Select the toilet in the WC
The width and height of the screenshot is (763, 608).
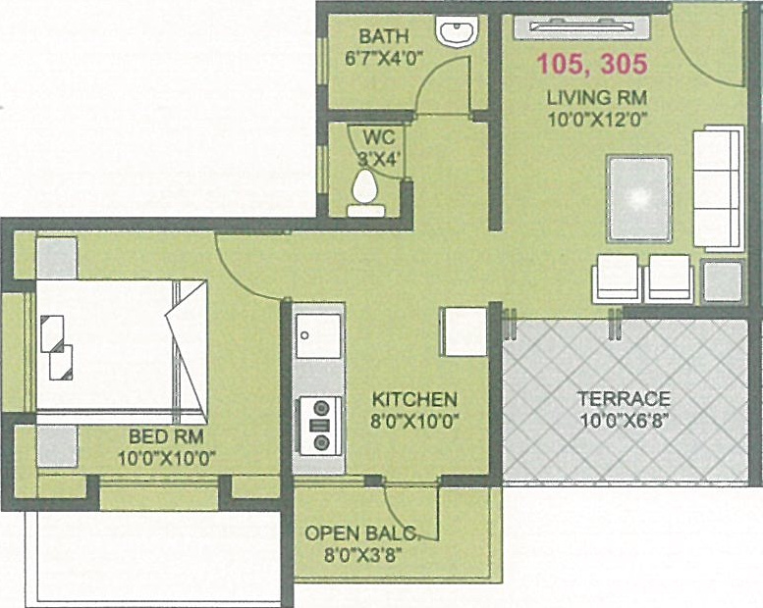click(x=366, y=189)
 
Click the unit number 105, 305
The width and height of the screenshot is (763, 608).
click(x=591, y=66)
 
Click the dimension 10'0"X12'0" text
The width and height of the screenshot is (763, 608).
click(x=597, y=121)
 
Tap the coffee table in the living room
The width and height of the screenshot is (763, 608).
click(x=639, y=196)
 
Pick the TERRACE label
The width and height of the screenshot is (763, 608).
click(x=624, y=398)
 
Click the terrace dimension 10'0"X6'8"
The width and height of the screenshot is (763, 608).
click(x=624, y=422)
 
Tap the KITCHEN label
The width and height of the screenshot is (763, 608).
click(x=414, y=399)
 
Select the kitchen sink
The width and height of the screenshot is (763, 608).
click(x=319, y=334)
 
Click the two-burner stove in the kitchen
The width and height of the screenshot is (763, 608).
click(x=319, y=423)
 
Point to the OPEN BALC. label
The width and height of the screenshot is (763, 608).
click(x=361, y=533)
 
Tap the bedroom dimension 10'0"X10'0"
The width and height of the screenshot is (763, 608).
click(x=166, y=456)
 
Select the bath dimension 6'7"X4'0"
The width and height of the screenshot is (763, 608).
click(x=383, y=57)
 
